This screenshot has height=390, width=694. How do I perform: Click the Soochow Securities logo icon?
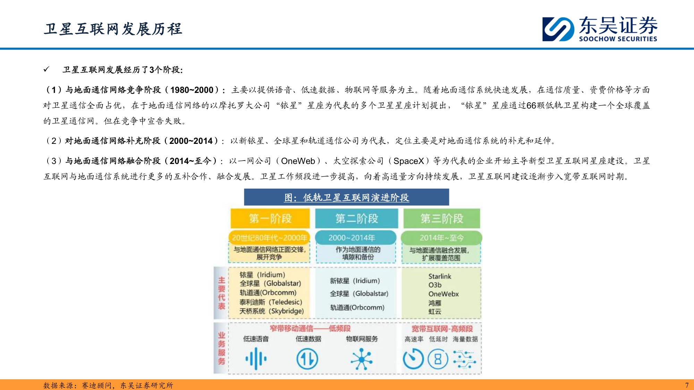tap(558, 29)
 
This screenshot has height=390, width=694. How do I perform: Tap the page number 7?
tap(687, 385)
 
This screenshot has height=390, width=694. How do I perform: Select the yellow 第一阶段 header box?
tap(270, 218)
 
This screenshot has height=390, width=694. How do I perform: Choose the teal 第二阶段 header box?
tap(356, 218)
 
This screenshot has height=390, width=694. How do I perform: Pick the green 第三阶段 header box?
tap(442, 218)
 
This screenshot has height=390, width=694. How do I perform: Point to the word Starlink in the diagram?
tap(440, 276)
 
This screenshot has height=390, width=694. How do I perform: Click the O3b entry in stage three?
tap(435, 285)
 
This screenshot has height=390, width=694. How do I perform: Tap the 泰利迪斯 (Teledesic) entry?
tap(271, 302)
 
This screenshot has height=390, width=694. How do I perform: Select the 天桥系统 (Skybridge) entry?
tap(271, 311)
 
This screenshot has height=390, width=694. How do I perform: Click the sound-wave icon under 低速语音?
tap(256, 359)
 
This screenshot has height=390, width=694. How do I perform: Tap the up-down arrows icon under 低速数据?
tap(307, 359)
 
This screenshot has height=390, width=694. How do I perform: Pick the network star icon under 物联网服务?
tap(361, 359)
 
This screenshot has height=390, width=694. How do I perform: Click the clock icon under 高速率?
tap(413, 359)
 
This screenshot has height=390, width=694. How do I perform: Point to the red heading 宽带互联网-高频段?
tap(442, 329)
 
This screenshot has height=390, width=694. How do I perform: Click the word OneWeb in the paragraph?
tap(298, 161)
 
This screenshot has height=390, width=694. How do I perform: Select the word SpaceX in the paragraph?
tap(408, 161)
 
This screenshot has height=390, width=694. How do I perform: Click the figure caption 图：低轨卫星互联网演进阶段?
tap(346, 198)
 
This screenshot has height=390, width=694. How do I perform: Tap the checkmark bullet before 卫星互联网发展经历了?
tap(46, 69)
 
